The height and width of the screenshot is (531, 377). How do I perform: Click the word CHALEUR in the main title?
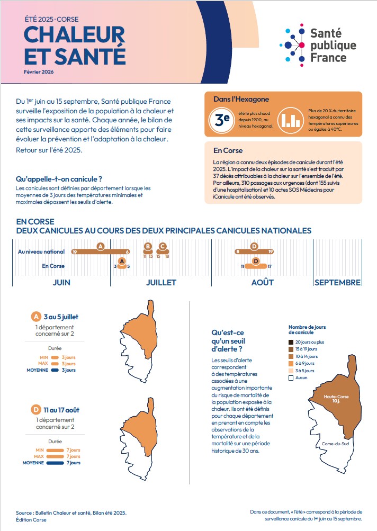click(74, 35)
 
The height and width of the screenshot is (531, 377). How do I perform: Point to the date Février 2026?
click(39, 71)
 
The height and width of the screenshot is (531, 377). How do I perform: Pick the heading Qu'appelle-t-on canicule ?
click(59, 179)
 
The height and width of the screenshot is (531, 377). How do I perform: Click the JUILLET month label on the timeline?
click(161, 282)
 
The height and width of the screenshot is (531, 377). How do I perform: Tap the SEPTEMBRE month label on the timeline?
click(337, 282)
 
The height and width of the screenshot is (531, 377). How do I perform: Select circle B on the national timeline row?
click(148, 246)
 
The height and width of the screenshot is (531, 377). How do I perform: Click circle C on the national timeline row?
click(163, 246)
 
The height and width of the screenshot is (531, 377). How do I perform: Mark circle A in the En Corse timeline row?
click(122, 261)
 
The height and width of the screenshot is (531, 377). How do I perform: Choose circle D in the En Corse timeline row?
click(256, 261)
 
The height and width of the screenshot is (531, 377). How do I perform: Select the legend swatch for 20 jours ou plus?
click(291, 342)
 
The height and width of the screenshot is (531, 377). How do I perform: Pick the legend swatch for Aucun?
click(291, 378)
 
